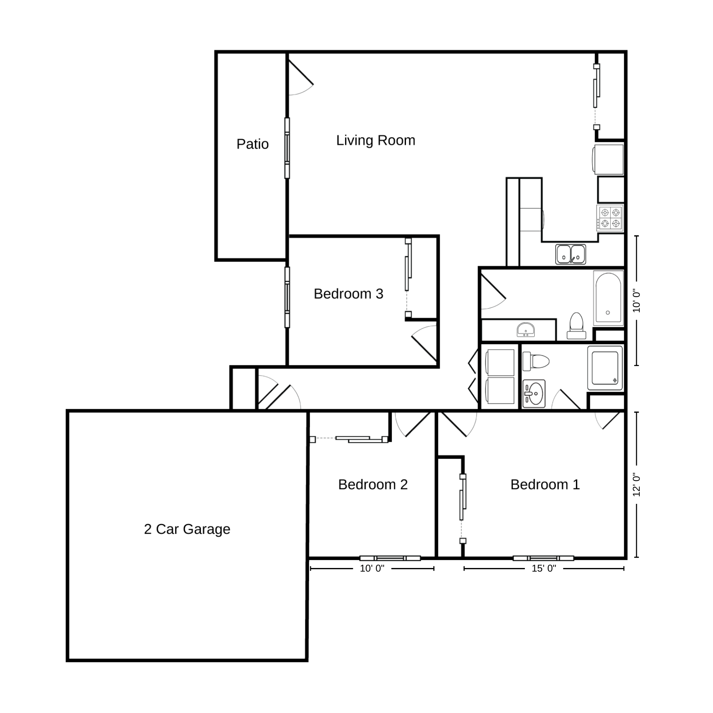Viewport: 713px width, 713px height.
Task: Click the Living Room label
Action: (x=376, y=141)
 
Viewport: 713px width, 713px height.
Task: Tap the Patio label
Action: (x=252, y=144)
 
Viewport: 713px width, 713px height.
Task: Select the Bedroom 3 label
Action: (x=349, y=294)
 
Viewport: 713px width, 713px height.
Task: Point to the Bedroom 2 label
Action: (x=373, y=484)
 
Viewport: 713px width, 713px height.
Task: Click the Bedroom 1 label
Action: (x=545, y=484)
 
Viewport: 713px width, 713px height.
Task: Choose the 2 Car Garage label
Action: (x=187, y=529)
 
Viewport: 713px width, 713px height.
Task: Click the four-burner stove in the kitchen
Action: (x=610, y=218)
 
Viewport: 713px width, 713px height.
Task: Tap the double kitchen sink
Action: (x=570, y=254)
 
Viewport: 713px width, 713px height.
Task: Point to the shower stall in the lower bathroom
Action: (x=605, y=368)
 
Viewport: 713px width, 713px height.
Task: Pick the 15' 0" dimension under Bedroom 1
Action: (x=543, y=568)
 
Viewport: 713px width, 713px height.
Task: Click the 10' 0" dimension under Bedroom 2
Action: (x=372, y=568)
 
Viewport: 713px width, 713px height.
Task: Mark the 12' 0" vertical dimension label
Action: (x=637, y=484)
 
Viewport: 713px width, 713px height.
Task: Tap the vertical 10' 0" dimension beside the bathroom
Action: (x=637, y=300)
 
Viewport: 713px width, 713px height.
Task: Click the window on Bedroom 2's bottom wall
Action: (x=390, y=558)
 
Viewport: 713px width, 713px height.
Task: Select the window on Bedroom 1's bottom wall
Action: (x=543, y=558)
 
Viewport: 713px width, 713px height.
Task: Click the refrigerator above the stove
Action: (x=608, y=160)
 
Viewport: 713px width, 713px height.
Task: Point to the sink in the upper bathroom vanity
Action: (x=526, y=330)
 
